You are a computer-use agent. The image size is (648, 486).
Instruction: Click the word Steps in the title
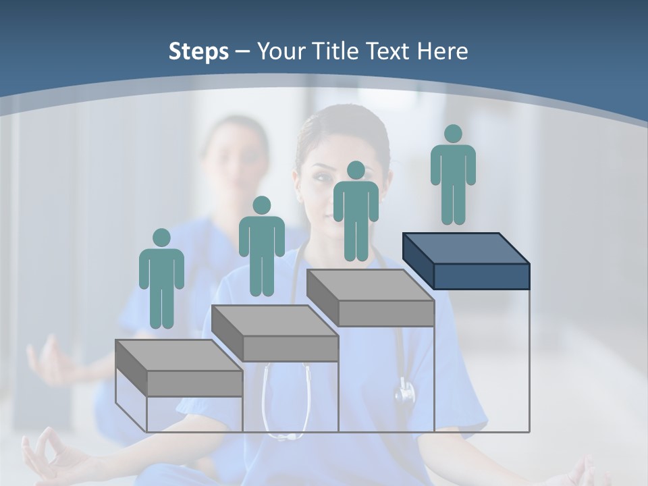point(198,51)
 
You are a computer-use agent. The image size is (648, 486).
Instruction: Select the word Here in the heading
point(442,51)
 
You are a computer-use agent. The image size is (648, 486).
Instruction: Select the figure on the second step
point(261,246)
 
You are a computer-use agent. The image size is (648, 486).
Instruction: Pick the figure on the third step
point(356,211)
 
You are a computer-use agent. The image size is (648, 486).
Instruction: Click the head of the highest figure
point(453,134)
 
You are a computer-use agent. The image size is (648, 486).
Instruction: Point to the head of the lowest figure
point(161,238)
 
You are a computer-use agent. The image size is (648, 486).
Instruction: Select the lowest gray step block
point(180,369)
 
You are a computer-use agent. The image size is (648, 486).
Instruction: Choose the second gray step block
point(275,333)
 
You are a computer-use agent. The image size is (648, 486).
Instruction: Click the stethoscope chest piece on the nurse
point(405,391)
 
